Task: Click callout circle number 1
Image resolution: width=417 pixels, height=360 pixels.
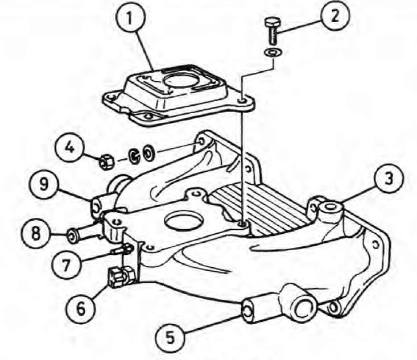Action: tap(130, 19)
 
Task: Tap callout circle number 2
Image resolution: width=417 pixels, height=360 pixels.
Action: tap(335, 16)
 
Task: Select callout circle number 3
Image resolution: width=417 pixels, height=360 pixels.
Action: tap(389, 179)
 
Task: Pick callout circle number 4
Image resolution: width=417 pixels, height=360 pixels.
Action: tap(69, 147)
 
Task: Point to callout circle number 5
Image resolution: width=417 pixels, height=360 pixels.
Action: tap(170, 337)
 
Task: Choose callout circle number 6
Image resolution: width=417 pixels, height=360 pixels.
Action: tap(80, 308)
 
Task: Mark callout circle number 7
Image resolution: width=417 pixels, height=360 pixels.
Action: tap(66, 264)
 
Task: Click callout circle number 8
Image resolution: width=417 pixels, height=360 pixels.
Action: tap(36, 234)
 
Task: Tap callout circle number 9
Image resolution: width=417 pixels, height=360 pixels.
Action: tap(44, 184)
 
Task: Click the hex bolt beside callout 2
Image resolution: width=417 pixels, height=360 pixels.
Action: tap(271, 31)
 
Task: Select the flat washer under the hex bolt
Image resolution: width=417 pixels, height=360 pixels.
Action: tap(273, 52)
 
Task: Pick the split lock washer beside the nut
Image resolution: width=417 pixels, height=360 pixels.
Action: tap(134, 156)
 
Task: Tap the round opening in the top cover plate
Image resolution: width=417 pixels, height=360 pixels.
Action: tap(180, 81)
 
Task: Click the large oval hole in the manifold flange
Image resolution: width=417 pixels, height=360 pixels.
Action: tap(183, 222)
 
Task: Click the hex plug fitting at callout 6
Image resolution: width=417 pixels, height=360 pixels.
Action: tap(121, 278)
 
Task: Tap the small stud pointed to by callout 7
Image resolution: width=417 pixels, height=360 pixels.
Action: tap(122, 250)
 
